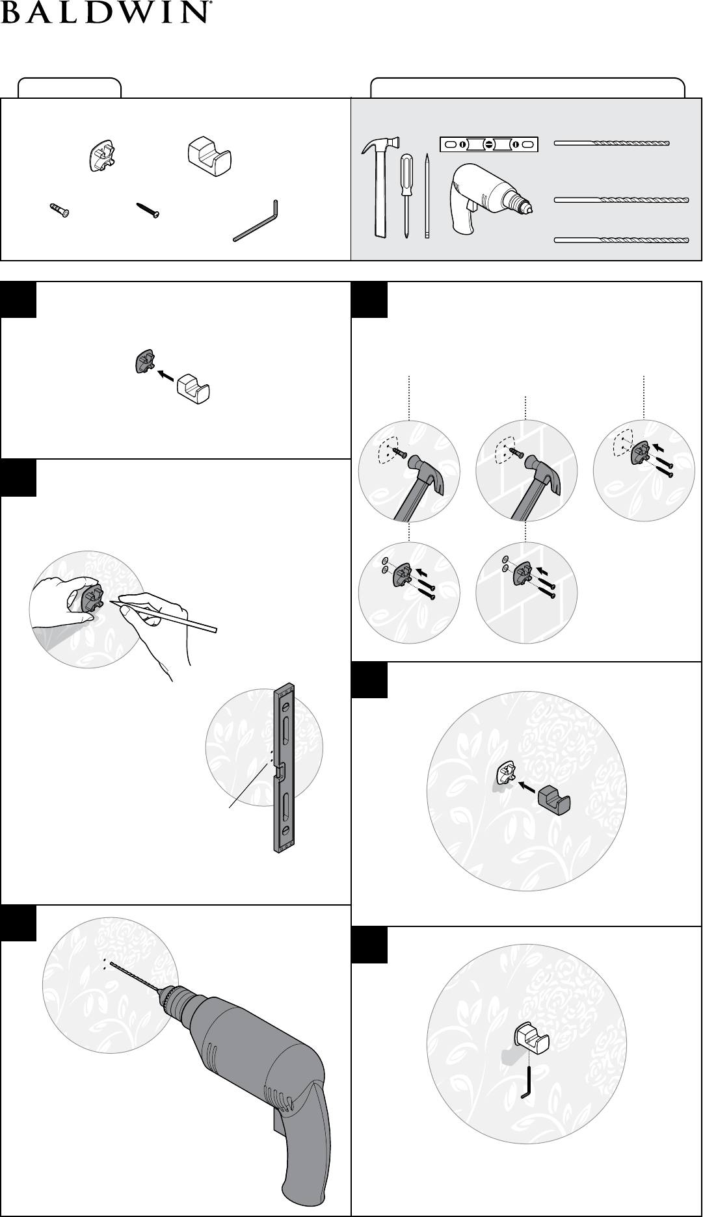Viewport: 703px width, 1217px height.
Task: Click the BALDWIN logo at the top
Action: [109, 12]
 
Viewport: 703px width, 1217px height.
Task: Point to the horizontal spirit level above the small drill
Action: [489, 144]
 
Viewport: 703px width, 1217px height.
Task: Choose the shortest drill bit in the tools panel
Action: [612, 143]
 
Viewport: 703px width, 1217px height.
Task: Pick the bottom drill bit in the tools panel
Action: [621, 240]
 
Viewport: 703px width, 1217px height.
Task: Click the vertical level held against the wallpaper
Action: [284, 767]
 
